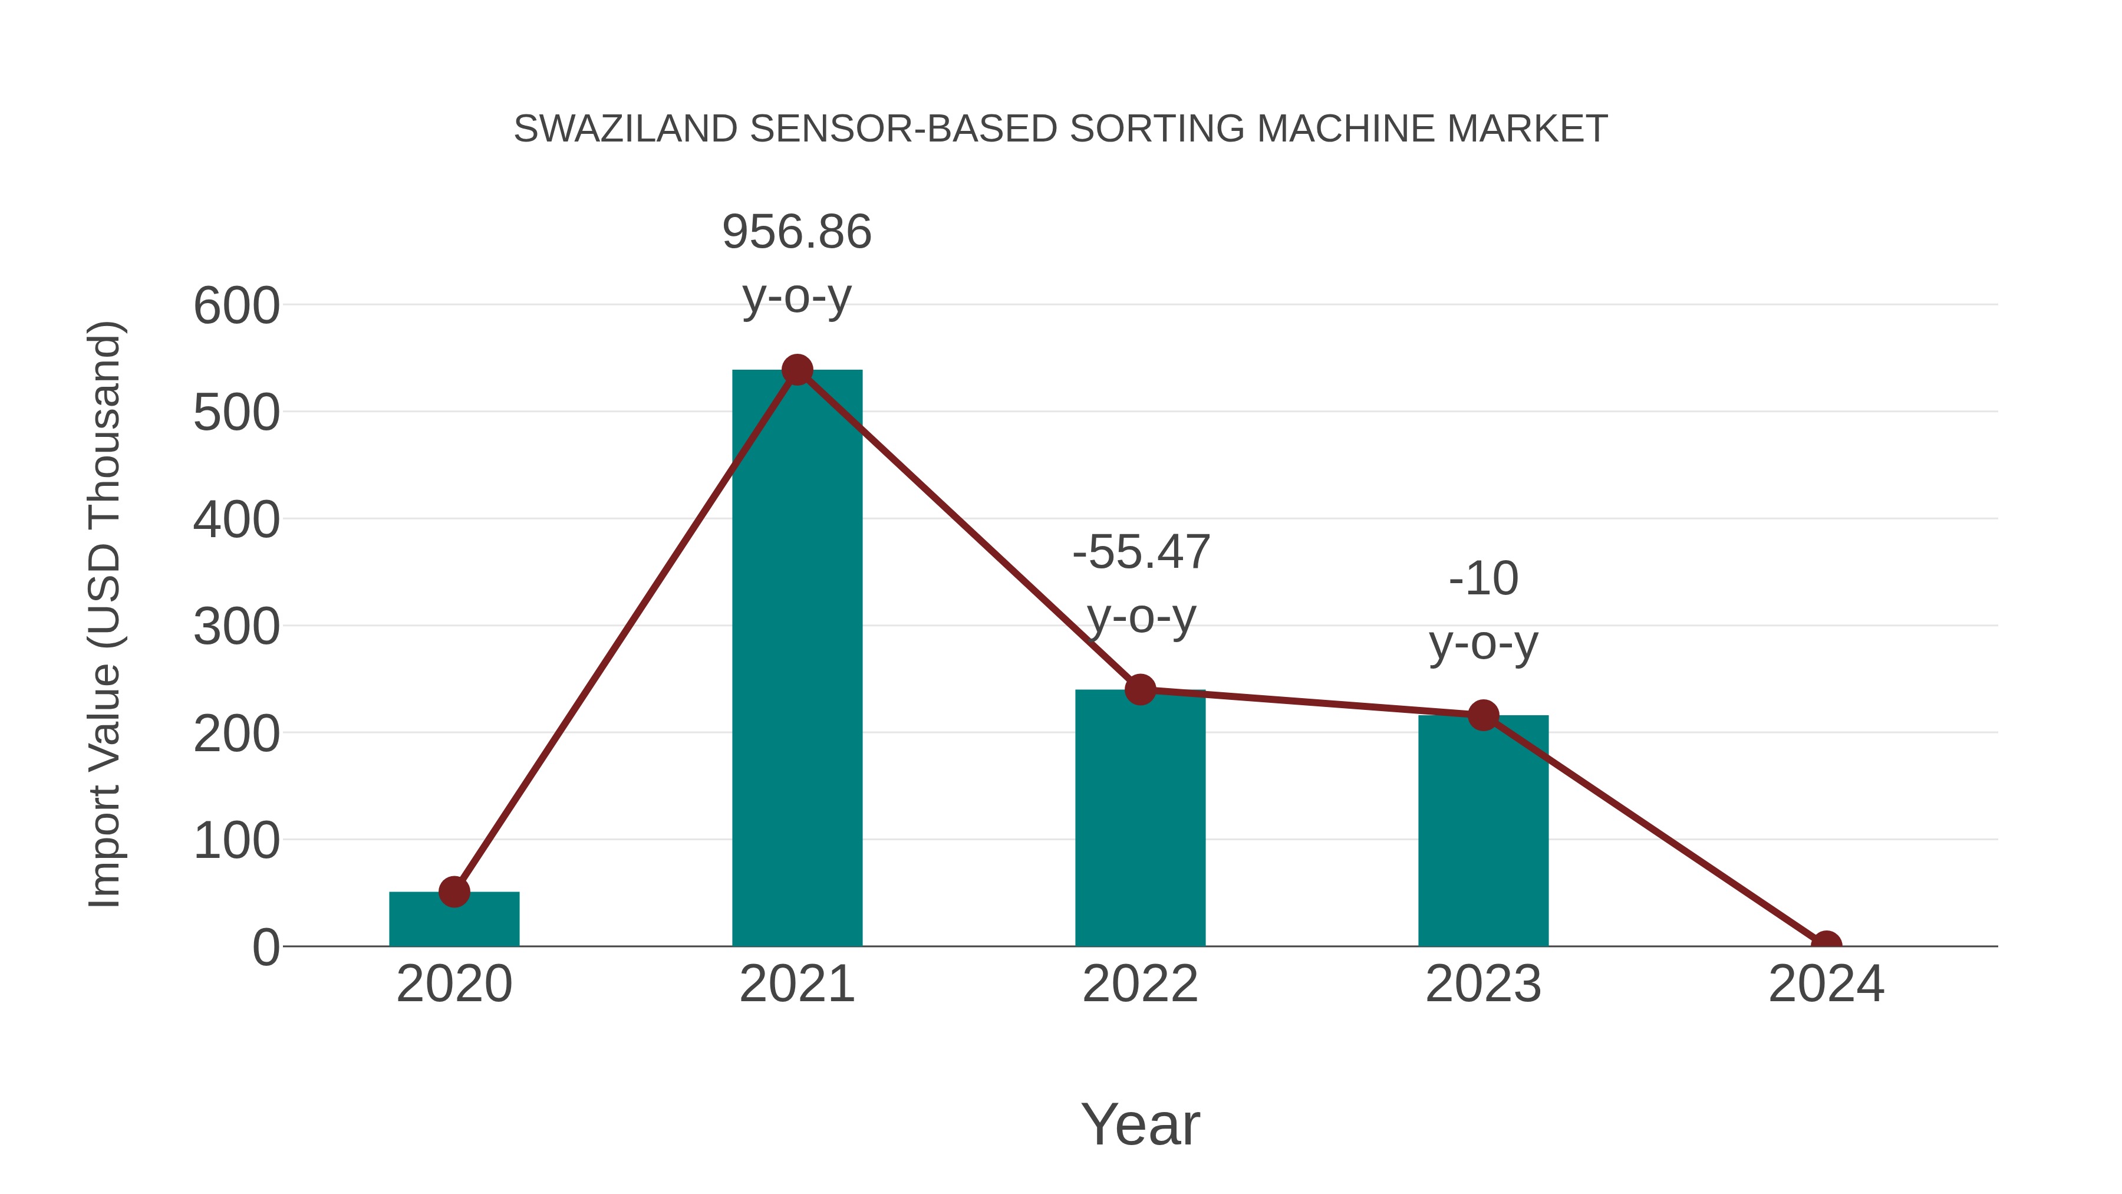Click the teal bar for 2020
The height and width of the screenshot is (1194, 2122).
454,921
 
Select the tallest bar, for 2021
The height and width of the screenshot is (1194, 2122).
796,659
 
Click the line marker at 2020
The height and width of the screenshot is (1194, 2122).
454,892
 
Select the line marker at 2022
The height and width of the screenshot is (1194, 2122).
1140,690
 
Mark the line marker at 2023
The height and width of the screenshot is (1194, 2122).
1483,715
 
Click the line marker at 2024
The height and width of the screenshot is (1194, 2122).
1826,945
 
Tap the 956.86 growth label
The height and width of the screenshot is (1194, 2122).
796,232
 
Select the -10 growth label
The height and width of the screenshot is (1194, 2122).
1483,578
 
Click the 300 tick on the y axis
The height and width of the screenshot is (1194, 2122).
236,627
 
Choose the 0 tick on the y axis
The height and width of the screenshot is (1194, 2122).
266,948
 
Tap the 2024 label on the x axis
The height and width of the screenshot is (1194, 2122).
1826,984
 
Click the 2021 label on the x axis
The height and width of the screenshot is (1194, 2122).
796,984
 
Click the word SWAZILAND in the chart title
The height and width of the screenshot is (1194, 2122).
625,129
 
